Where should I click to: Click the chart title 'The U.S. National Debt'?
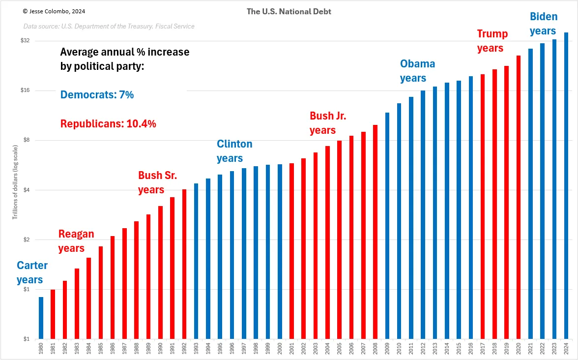(x=289, y=11)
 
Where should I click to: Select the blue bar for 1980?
(x=41, y=318)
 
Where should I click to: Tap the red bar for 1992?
(x=184, y=264)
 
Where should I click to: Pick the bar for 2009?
(x=387, y=226)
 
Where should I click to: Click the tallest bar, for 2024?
(x=566, y=186)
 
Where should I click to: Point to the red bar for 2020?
(x=519, y=197)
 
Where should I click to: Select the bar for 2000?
(x=280, y=252)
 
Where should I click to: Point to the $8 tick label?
(x=26, y=140)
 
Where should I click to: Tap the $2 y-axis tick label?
(x=26, y=240)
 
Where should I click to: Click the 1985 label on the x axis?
(x=101, y=348)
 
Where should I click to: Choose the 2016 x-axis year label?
(x=471, y=348)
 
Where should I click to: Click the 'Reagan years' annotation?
(x=76, y=241)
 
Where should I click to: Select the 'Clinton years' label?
(x=234, y=151)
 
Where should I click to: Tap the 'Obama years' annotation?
(x=417, y=71)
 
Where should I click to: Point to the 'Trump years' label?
(x=492, y=41)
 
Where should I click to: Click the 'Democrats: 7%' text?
(x=97, y=95)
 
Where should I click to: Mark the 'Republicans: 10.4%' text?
(x=108, y=124)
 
